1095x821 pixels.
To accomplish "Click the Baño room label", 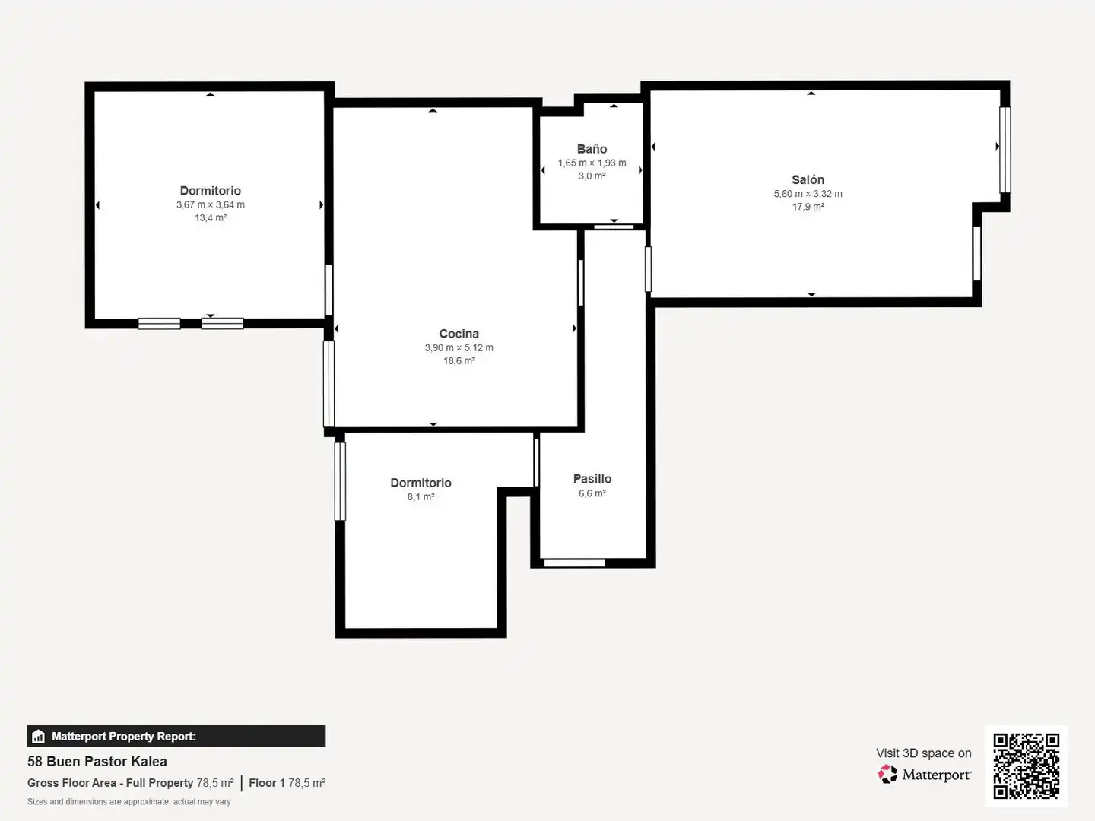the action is coord(592,149).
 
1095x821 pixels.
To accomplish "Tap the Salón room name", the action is coord(808,179).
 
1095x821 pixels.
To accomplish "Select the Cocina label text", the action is coord(459,334).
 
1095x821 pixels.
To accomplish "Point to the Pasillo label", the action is coord(592,479).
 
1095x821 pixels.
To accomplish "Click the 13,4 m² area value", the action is coord(211,218).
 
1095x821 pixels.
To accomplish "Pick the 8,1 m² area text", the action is coord(421,497).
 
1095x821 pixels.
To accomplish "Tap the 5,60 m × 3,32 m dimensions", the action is coord(808,194).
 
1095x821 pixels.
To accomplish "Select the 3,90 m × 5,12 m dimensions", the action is coord(459,348).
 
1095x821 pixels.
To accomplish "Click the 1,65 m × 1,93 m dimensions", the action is coord(592,163).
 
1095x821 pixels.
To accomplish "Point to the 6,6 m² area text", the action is coord(592,493).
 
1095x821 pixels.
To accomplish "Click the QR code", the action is coord(1026,766).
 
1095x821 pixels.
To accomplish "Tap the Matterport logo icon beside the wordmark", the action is coord(887,774).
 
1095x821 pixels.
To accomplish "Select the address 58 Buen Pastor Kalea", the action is coord(97,762).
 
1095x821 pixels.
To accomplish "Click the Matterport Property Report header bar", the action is coord(176,737).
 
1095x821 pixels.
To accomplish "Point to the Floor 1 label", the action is coord(267,783).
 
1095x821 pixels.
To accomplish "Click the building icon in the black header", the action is coord(39,737).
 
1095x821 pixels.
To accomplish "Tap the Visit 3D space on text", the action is coord(924,753).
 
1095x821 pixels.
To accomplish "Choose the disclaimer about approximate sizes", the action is coord(129,801).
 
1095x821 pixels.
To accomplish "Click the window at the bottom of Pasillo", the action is coord(574,563).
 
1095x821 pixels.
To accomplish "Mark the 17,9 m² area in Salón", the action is coord(808,207).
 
